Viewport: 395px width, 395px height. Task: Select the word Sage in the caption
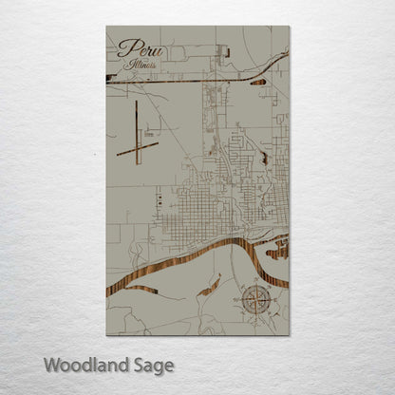click(x=152, y=365)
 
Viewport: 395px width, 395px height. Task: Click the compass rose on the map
click(x=254, y=302)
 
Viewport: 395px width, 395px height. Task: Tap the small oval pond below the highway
click(x=258, y=84)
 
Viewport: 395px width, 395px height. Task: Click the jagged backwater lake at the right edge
click(x=280, y=251)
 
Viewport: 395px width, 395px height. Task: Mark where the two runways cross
click(x=137, y=147)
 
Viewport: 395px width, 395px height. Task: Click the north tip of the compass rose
click(x=254, y=288)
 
